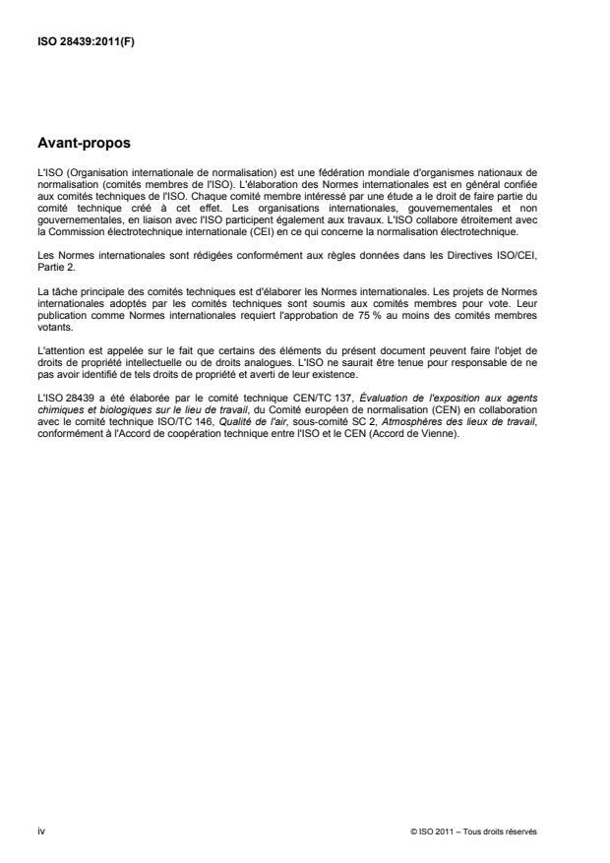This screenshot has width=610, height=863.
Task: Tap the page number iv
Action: (40, 832)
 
